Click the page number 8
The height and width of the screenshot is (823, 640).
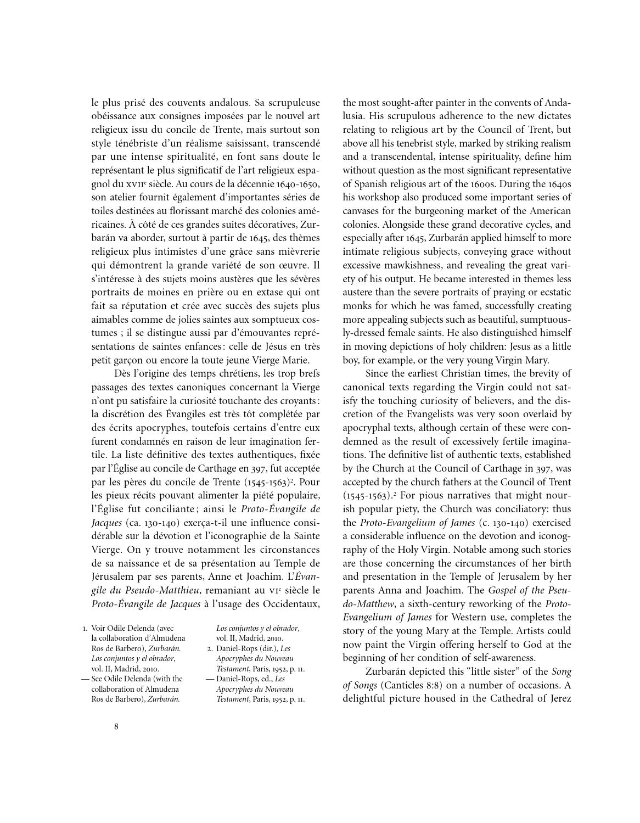click(x=116, y=726)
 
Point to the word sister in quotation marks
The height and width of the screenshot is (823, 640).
click(x=504, y=671)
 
